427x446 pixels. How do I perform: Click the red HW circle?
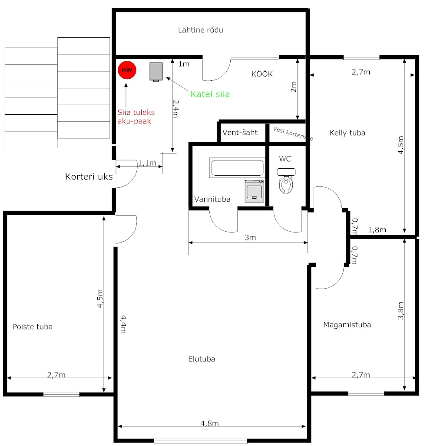point(127,70)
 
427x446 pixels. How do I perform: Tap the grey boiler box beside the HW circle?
point(156,72)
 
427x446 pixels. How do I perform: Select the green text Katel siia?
point(210,94)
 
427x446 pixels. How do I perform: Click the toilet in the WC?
point(286,181)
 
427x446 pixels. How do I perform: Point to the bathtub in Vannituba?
point(237,168)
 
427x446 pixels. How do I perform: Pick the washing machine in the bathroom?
point(255,191)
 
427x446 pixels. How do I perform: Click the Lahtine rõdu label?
point(200,30)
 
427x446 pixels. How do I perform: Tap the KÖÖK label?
point(262,74)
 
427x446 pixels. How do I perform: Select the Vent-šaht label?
point(240,132)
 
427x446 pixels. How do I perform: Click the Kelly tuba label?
point(347,133)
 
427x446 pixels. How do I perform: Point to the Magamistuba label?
point(347,325)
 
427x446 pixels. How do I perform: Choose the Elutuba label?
point(202,359)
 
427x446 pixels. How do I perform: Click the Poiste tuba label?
point(33,326)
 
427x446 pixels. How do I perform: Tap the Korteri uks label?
point(89,176)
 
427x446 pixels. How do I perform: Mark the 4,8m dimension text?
point(209,423)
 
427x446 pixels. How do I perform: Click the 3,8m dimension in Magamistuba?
point(401,310)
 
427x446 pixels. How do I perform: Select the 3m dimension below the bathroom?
point(250,237)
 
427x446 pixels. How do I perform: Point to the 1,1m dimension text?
point(147,163)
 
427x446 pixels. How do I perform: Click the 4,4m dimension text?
point(123,324)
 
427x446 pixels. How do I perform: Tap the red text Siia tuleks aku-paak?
point(136,116)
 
